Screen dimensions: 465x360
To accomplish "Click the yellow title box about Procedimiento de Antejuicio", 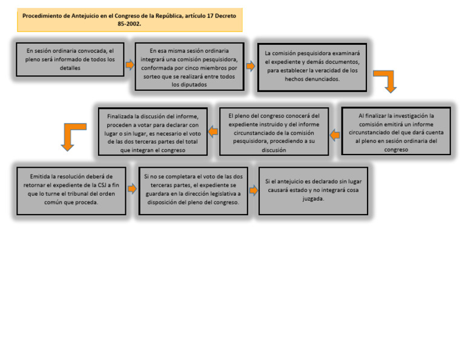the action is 130,20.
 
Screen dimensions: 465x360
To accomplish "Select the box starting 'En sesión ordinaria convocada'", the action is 70,59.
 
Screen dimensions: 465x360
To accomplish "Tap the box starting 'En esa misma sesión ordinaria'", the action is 190,67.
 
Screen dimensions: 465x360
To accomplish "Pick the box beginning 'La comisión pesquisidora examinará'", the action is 312,67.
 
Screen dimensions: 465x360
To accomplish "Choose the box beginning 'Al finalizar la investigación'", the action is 396,131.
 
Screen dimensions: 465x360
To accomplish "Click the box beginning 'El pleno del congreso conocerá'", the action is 274,131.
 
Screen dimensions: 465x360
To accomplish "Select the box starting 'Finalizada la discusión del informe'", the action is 153,131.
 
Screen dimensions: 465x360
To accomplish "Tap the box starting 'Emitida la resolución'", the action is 71,190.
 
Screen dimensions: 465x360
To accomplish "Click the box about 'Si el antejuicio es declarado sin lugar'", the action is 313,190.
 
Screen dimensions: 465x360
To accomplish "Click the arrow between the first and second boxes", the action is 130,64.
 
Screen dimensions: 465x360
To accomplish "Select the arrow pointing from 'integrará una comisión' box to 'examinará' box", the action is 251,66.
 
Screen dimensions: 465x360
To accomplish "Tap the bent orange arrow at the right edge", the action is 386,81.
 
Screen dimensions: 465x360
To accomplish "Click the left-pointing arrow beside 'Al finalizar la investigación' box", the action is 335,135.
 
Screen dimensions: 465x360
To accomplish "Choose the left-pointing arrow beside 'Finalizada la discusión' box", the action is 213,131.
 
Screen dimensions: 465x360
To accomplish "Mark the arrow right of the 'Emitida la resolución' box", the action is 132,189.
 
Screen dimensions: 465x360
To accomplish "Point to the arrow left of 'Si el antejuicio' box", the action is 253,190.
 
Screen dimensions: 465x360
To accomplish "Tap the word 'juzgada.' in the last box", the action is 313,199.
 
